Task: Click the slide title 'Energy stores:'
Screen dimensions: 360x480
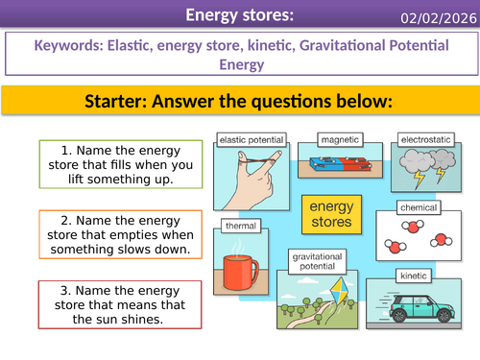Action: [x=239, y=15]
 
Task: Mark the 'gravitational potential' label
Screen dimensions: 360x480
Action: [x=316, y=260]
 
